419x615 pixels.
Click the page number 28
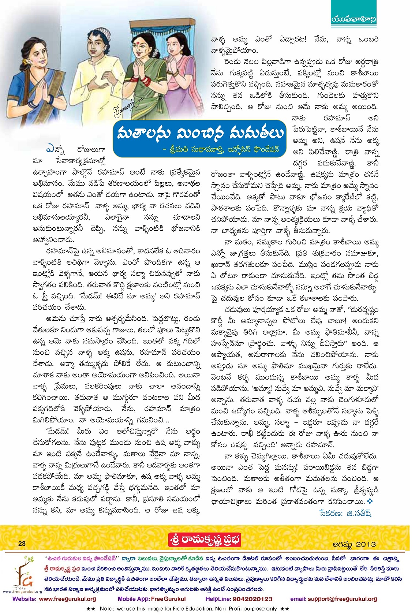click(x=22, y=544)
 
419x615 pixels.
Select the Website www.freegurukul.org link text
click(x=54, y=599)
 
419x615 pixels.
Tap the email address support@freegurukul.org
click(x=333, y=599)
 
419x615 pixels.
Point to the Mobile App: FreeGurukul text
click(x=151, y=599)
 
